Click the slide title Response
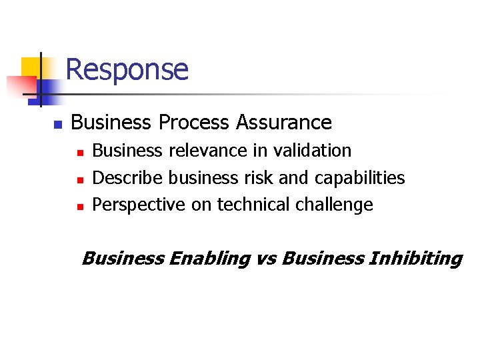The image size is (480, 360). click(127, 69)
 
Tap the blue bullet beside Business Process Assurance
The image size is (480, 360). click(57, 124)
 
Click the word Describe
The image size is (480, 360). click(128, 178)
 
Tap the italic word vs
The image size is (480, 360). click(266, 259)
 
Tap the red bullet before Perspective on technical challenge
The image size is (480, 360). click(79, 207)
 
